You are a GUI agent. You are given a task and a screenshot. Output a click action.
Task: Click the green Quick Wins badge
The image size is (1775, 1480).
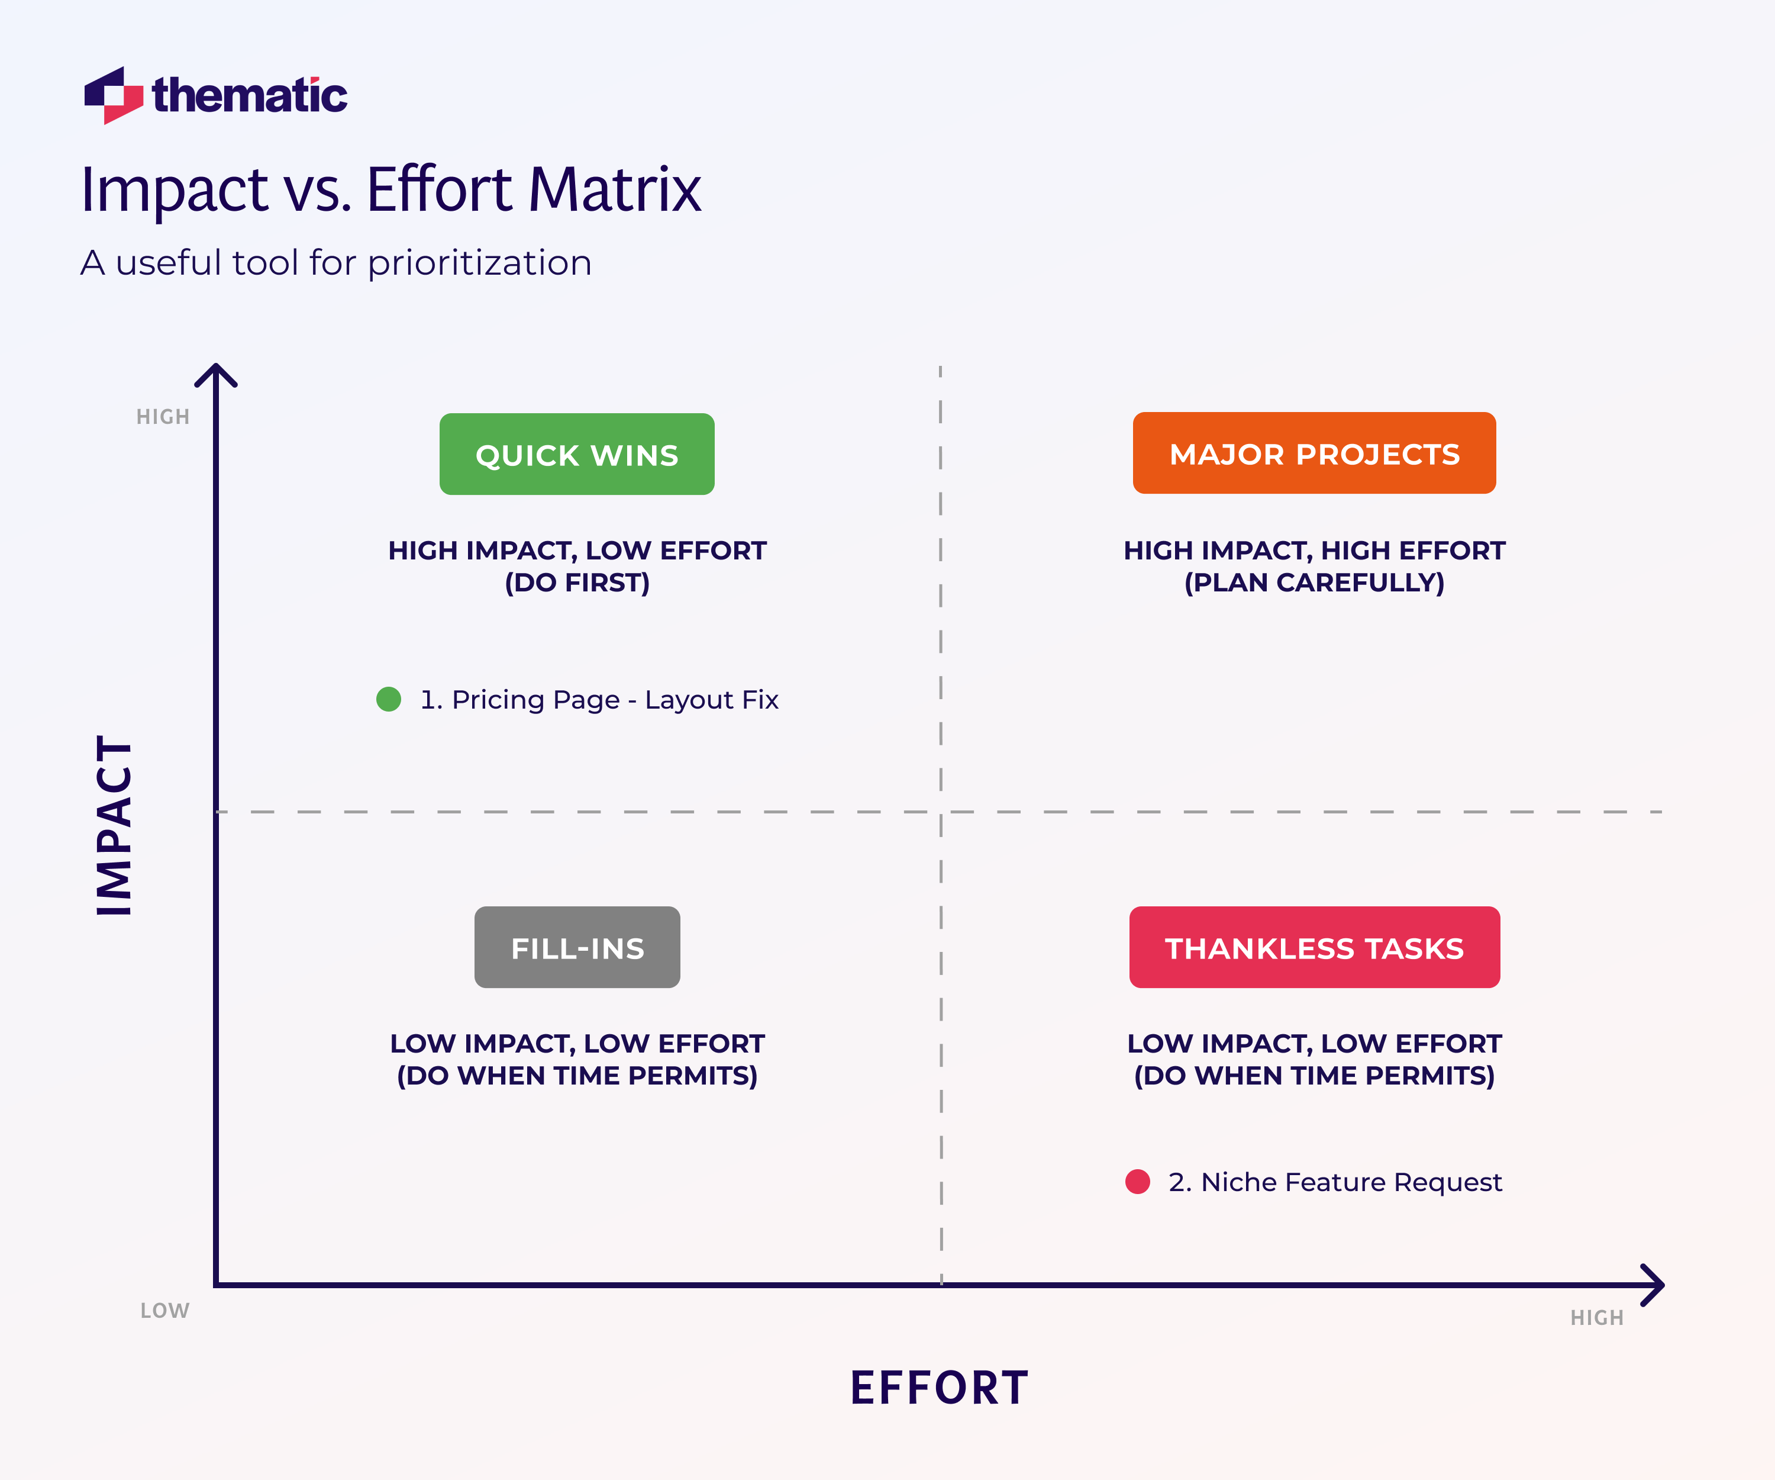[x=576, y=454]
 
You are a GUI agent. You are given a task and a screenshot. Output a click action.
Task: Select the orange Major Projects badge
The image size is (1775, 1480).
[x=1313, y=453]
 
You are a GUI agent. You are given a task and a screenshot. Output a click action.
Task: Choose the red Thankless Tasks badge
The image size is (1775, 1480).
[x=1313, y=947]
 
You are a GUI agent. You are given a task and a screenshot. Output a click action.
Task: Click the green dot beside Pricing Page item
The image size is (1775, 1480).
[x=388, y=699]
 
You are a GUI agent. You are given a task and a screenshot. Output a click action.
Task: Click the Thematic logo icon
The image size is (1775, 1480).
[x=113, y=95]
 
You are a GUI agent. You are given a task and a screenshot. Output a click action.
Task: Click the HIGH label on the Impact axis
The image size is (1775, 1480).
[x=163, y=417]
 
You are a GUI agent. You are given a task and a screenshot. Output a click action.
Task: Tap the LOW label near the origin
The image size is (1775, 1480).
[x=165, y=1311]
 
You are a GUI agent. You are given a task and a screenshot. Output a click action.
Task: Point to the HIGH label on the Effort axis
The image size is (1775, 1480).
[x=1597, y=1318]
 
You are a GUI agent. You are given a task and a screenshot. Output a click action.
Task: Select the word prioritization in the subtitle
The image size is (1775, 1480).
[x=479, y=263]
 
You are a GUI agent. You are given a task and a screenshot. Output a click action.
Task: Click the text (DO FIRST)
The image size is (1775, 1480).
[x=577, y=583]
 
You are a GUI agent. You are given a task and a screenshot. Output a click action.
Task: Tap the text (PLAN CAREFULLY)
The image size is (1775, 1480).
[x=1313, y=583]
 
